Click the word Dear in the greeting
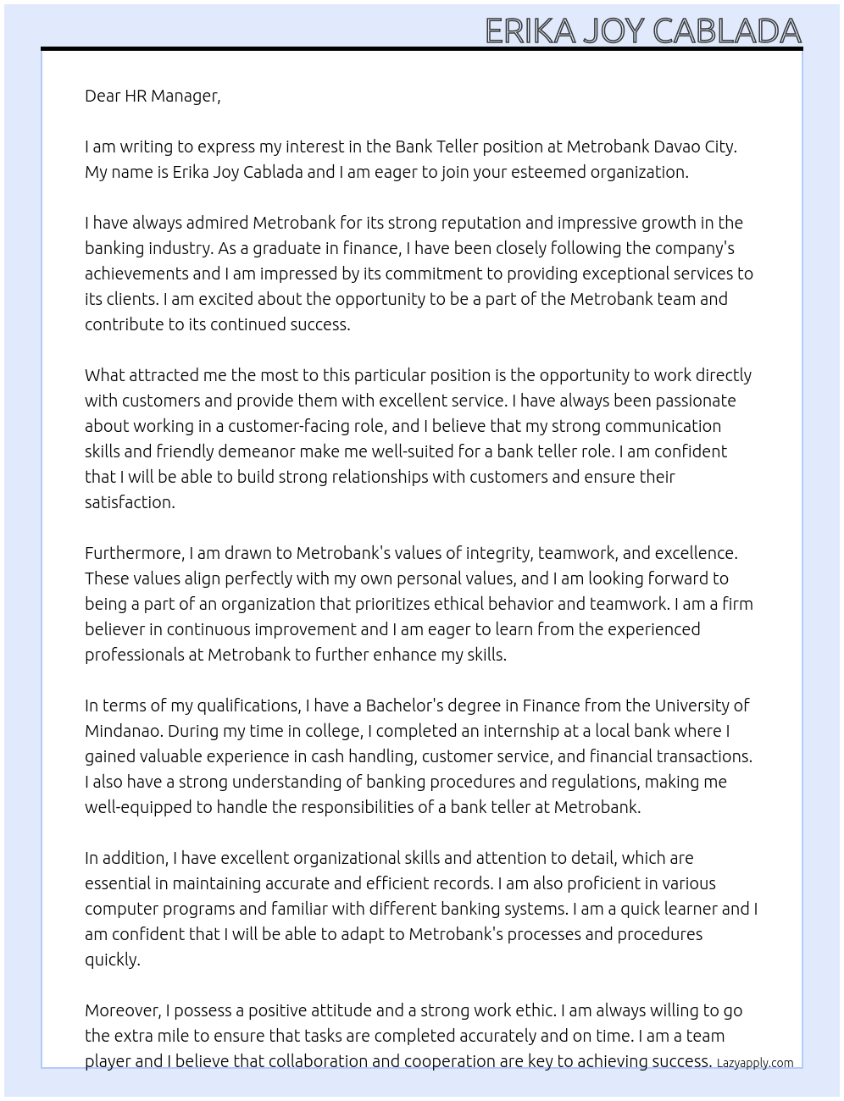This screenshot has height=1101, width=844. point(103,96)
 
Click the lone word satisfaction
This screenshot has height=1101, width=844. point(129,502)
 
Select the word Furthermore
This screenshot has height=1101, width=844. point(134,553)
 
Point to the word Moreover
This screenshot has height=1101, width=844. point(124,1010)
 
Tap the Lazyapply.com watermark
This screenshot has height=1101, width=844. point(755,1063)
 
